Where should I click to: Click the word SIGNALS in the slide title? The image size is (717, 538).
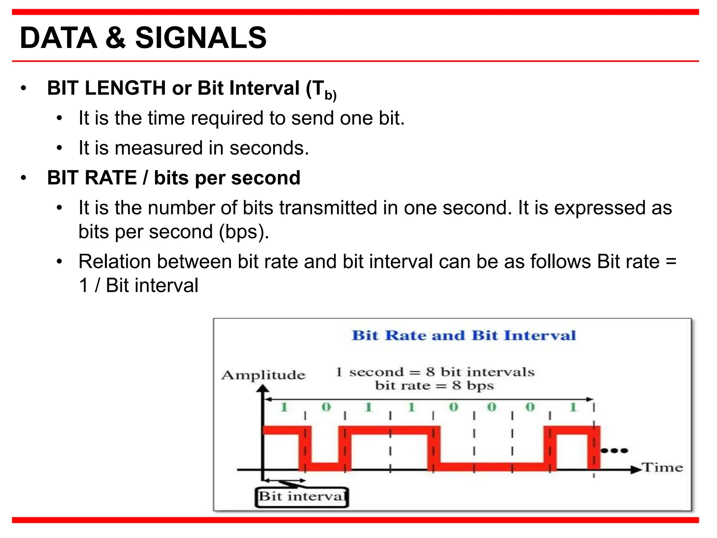[x=201, y=38]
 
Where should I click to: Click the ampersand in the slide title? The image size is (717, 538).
[x=115, y=38]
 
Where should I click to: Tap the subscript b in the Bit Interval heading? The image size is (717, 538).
[x=328, y=95]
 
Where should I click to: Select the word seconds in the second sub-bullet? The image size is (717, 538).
[x=269, y=148]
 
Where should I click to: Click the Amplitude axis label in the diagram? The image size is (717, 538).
[x=263, y=375]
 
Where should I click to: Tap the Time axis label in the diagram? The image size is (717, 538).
[x=662, y=468]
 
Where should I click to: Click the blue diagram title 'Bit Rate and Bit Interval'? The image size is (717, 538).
[x=464, y=335]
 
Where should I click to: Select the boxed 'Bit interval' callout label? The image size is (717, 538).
[x=302, y=497]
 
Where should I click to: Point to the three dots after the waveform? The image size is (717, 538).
[x=614, y=450]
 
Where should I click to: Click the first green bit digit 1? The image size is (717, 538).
[x=284, y=407]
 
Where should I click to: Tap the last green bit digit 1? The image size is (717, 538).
[x=573, y=407]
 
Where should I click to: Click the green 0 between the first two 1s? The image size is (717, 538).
[x=326, y=407]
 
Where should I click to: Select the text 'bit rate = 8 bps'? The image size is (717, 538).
[x=434, y=386]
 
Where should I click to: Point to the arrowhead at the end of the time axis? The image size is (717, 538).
[x=635, y=470]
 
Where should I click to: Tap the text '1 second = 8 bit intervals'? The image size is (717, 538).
[x=435, y=372]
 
